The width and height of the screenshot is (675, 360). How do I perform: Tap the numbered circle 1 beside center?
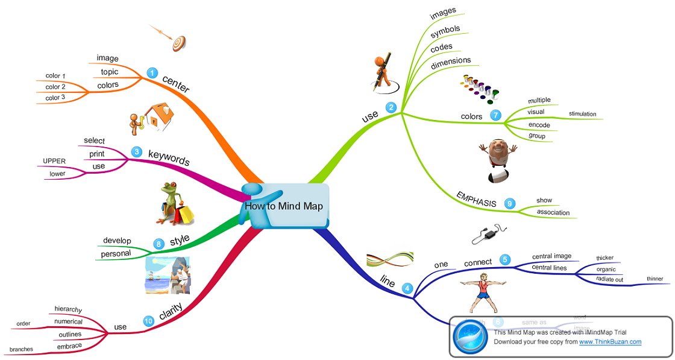152,74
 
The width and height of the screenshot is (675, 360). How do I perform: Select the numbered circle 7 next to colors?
495,115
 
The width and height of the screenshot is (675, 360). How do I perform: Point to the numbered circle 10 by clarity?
148,322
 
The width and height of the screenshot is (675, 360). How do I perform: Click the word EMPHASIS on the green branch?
476,198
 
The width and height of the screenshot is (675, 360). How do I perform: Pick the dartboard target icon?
178,42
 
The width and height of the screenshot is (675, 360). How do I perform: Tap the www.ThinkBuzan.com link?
610,342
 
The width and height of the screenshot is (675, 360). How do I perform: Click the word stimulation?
582,113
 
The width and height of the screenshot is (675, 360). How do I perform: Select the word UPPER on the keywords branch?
54,161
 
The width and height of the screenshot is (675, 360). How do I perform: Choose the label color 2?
55,87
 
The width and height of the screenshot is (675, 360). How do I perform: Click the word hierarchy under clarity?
68,309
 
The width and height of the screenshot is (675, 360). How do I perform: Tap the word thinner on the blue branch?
655,279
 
